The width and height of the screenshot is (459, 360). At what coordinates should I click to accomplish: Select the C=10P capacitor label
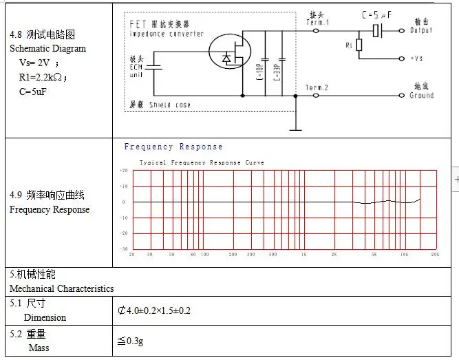point(264,71)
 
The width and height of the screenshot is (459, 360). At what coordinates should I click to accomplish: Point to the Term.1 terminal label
point(317,23)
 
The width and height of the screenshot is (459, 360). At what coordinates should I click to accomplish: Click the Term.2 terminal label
point(317,87)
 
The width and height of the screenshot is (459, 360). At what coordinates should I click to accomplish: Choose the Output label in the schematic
point(421,30)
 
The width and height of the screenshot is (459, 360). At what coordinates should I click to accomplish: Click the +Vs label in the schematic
point(416,59)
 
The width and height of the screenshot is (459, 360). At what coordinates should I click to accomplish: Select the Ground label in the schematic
point(421,96)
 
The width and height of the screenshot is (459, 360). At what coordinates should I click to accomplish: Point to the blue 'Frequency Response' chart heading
point(173,147)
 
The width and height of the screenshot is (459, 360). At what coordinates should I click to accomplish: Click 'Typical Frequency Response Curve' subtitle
point(202,163)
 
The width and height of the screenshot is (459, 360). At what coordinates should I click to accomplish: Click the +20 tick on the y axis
point(123,169)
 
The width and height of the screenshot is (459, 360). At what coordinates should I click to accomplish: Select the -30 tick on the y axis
point(123,248)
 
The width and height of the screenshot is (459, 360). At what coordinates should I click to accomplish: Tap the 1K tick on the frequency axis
point(303,255)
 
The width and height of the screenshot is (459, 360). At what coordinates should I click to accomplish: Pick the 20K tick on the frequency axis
point(435,255)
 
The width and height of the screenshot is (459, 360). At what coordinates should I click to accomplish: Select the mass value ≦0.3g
point(131,341)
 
